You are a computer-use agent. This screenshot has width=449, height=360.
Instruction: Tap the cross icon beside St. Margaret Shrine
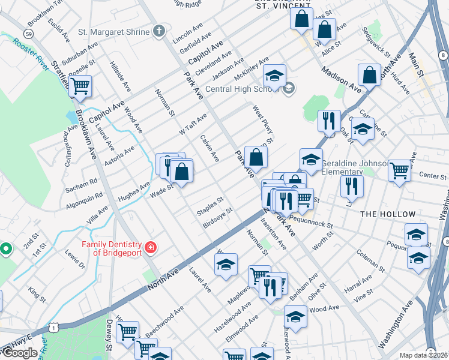(x=159, y=31)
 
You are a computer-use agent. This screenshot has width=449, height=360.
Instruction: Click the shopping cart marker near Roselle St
(x=80, y=85)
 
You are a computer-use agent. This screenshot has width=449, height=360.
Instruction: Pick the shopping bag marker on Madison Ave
(x=369, y=74)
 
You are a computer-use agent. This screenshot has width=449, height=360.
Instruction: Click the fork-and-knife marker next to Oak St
(x=329, y=122)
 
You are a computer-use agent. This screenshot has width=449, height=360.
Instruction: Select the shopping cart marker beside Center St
(x=399, y=170)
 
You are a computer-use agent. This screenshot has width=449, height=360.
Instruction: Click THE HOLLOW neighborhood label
(x=387, y=214)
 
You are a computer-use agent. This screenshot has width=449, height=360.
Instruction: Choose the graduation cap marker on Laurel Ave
(x=226, y=265)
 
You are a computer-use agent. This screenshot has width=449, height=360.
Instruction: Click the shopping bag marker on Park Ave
(x=256, y=157)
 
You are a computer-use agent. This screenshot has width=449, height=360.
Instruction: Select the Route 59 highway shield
(x=28, y=33)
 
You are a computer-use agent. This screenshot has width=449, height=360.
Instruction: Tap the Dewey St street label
(x=110, y=335)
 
